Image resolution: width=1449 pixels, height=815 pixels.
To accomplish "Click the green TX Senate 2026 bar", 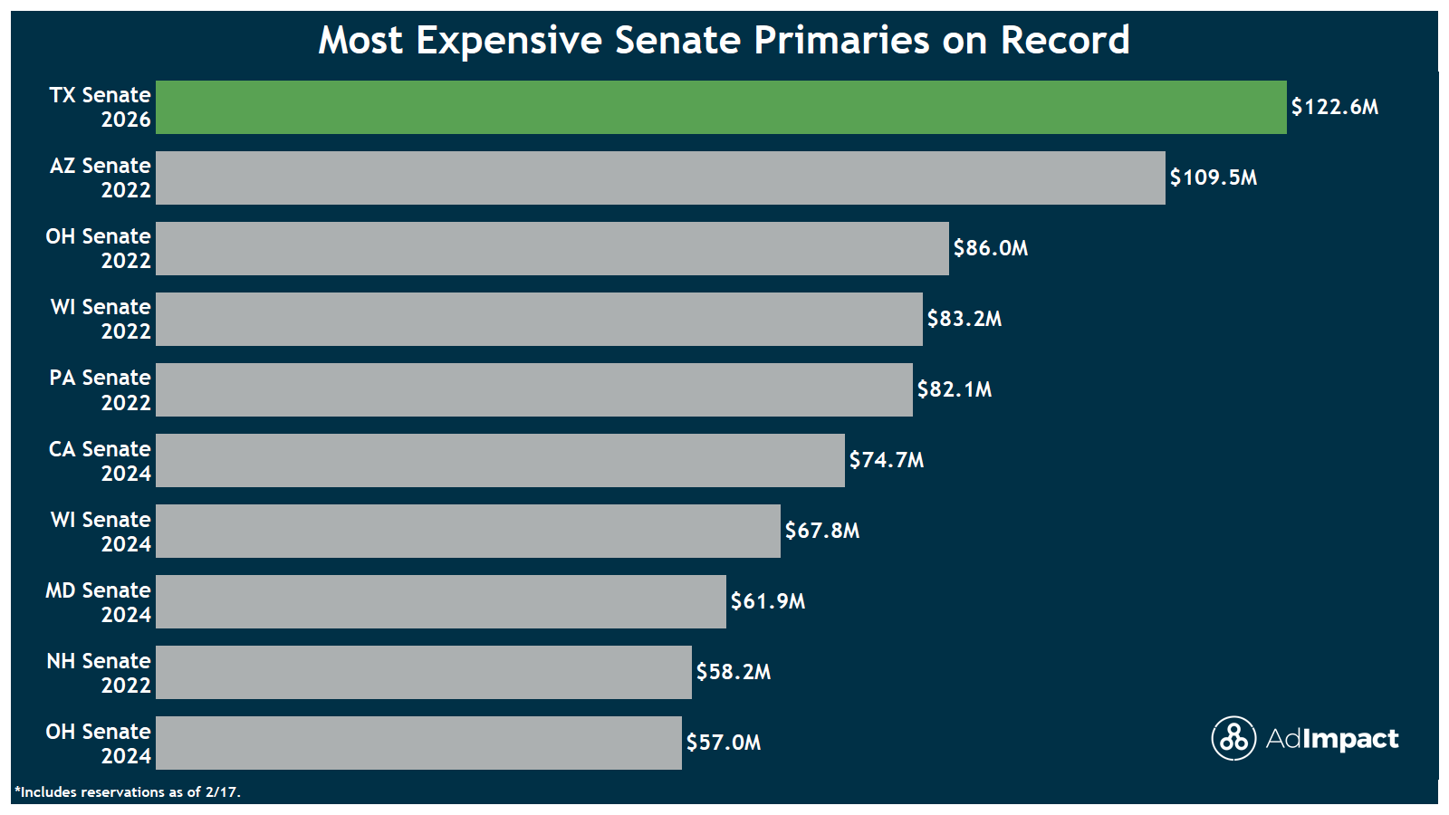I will point(721,107).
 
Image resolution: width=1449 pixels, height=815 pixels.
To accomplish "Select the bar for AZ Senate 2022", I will point(660,177).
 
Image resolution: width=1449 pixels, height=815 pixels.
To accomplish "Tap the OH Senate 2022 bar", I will point(552,248).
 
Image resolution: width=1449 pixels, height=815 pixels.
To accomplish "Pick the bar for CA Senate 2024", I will point(500,460).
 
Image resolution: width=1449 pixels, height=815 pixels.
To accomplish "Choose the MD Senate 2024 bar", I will point(441,601).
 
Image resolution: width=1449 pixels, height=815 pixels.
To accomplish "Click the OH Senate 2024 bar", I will point(418,743).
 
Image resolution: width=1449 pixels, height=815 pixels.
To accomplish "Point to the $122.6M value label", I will point(1334,107).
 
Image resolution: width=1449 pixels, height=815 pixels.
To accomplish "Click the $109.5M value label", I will point(1213,177).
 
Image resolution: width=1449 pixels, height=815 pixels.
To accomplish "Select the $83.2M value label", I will point(964,319).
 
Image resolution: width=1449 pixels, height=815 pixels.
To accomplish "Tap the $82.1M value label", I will point(954,389).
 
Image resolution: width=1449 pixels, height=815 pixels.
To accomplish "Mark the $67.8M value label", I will point(821,531).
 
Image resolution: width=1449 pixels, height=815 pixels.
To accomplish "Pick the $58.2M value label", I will point(733,672).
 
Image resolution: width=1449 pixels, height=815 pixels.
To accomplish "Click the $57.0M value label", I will point(723,743).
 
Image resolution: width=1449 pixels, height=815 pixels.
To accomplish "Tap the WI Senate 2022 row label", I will point(101,319).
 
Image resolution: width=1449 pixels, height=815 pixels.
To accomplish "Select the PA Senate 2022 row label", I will point(100,389).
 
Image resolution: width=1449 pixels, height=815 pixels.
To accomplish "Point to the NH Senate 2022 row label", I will point(99,673).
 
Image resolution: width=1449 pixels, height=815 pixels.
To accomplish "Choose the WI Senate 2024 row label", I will point(101,532).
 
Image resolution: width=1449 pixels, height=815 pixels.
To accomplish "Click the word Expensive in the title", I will point(509,40).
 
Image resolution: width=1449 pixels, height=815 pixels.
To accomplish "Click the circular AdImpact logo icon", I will point(1233,738).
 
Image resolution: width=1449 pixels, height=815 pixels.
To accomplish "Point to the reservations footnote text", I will point(128,792).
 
